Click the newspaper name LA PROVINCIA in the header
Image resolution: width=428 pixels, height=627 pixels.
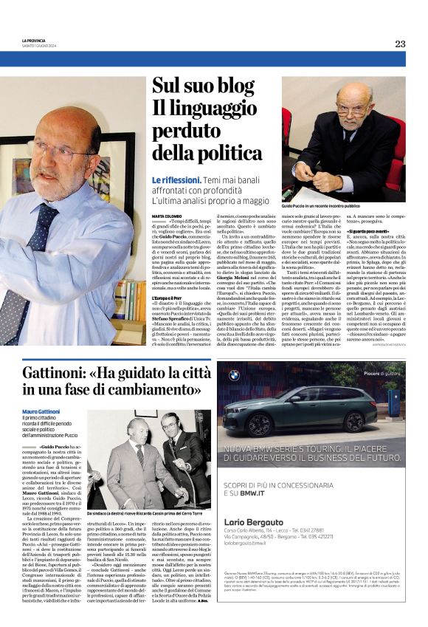[35, 40]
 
